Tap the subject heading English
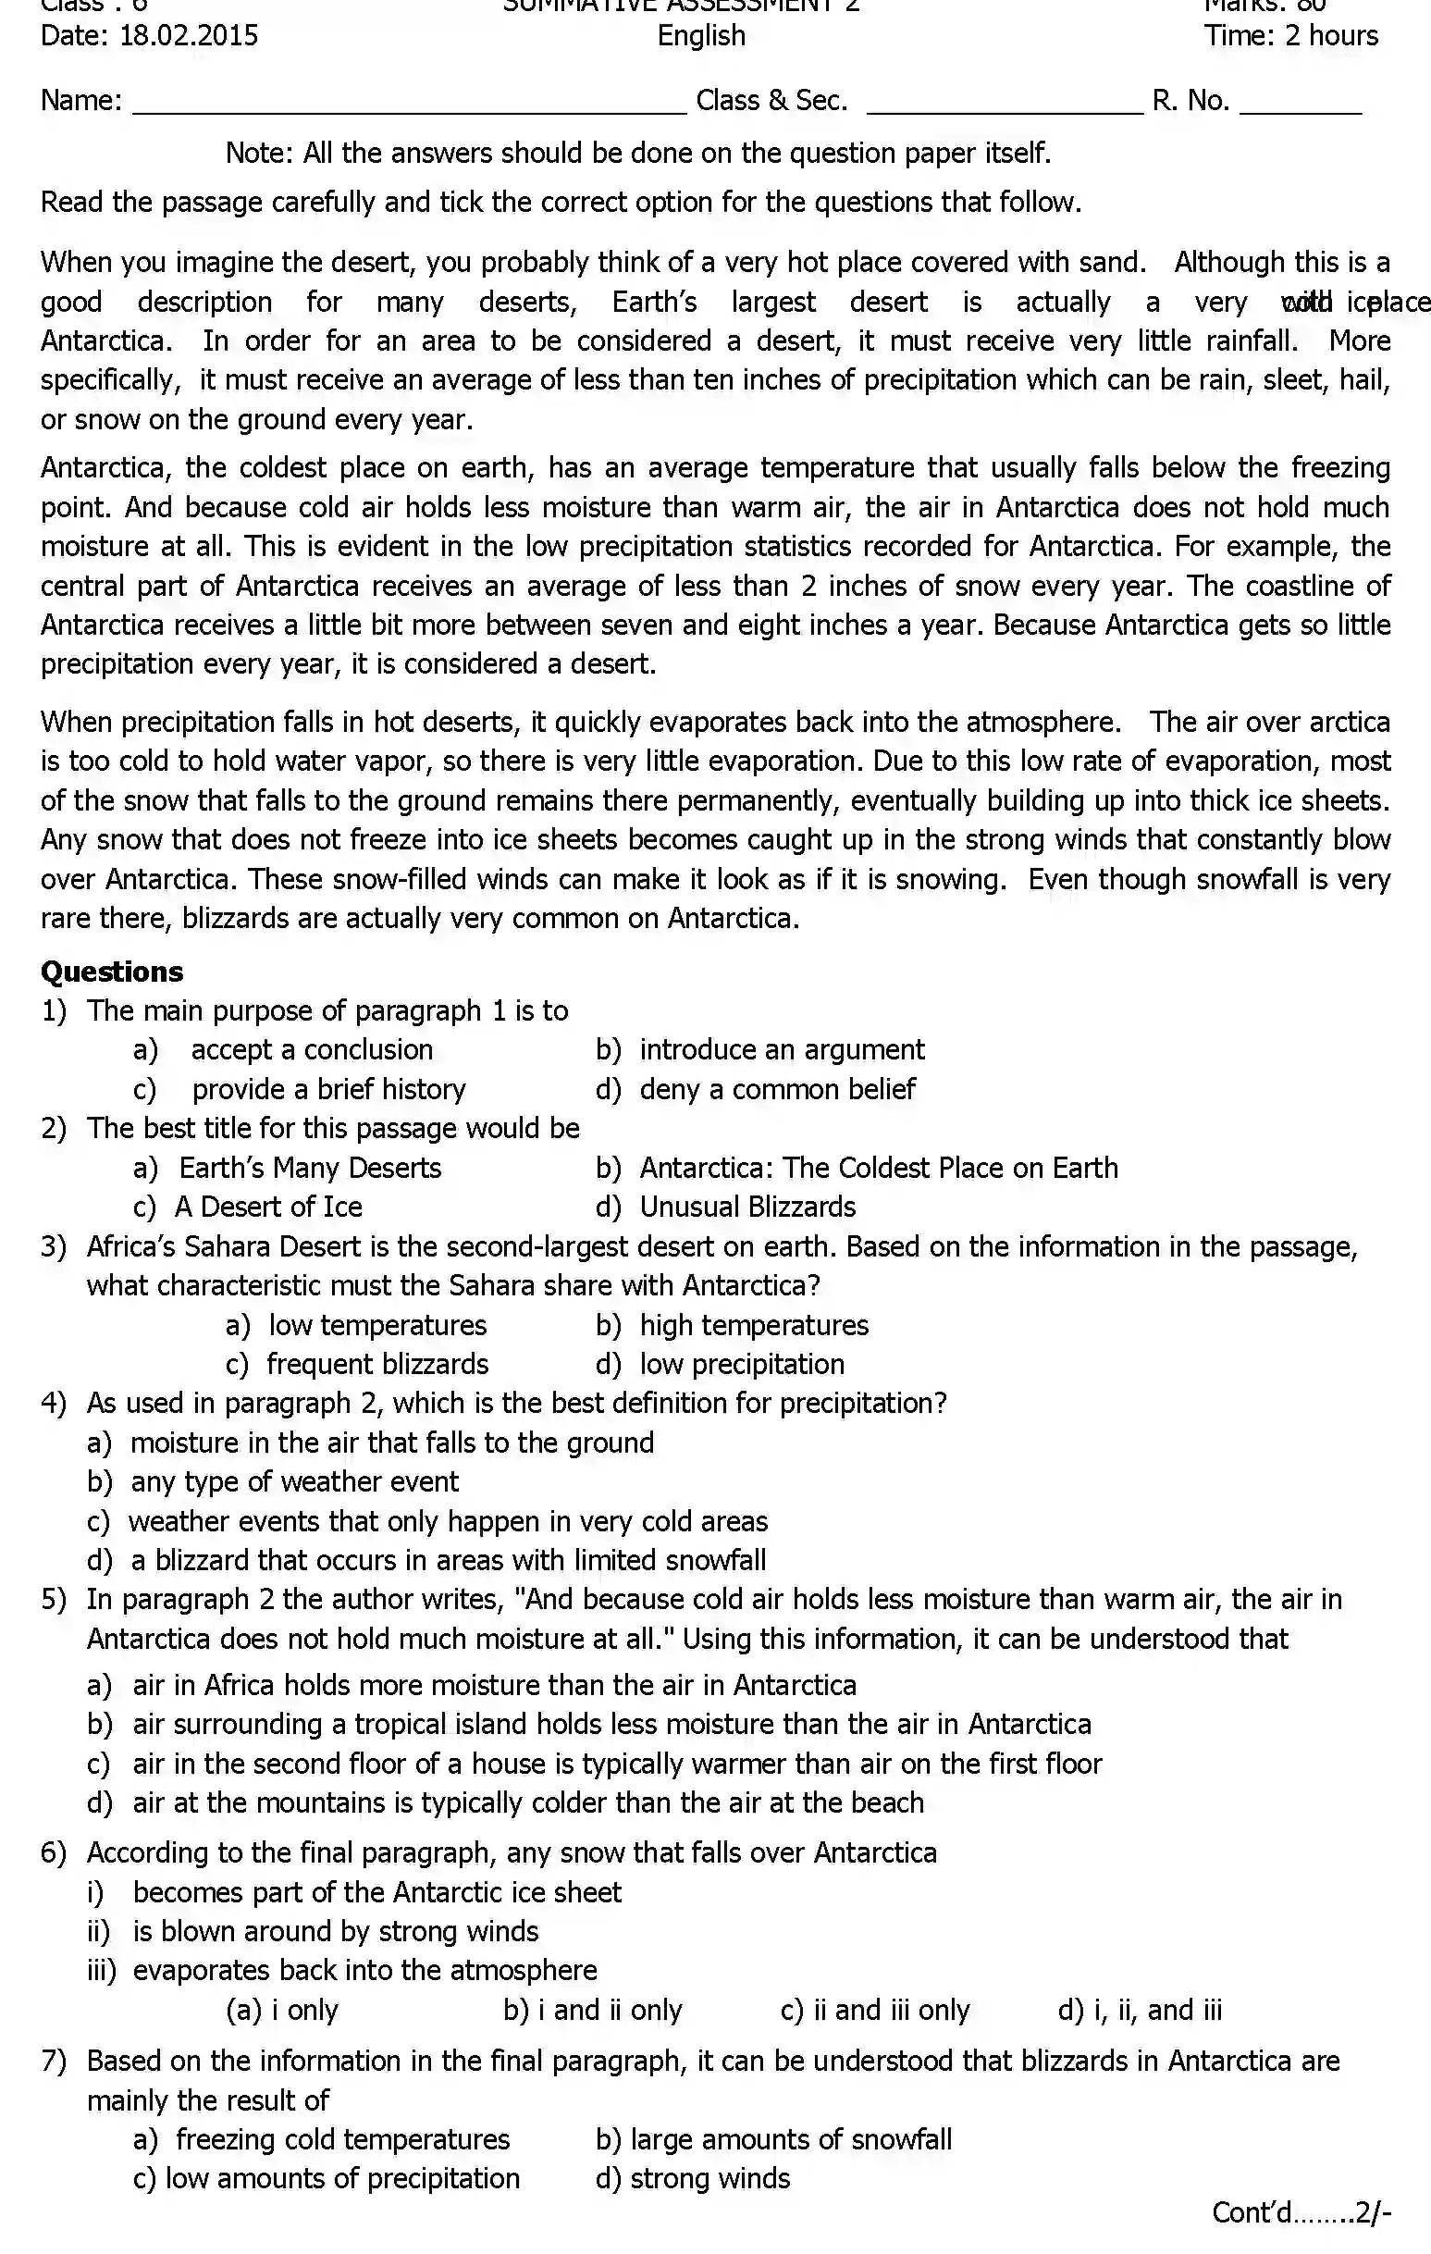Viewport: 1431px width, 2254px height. [701, 35]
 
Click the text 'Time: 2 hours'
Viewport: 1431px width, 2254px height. [1290, 35]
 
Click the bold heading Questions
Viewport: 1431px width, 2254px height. [111, 972]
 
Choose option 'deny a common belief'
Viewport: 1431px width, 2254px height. [776, 1089]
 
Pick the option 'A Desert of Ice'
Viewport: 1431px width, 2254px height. [267, 1207]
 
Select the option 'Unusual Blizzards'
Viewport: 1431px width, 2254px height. [746, 1207]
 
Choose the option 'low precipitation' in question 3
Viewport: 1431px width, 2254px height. [741, 1364]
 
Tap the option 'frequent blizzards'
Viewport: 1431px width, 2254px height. [376, 1364]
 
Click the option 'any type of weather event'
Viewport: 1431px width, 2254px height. [294, 1481]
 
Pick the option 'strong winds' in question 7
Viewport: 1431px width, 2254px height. [709, 2178]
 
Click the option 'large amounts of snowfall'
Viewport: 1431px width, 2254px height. [790, 2139]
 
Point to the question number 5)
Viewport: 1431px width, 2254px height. [54, 1599]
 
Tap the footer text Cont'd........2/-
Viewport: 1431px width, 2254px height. [1301, 2211]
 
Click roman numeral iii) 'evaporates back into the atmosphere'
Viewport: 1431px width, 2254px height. [364, 1969]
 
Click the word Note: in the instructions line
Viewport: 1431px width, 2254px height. [259, 153]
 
